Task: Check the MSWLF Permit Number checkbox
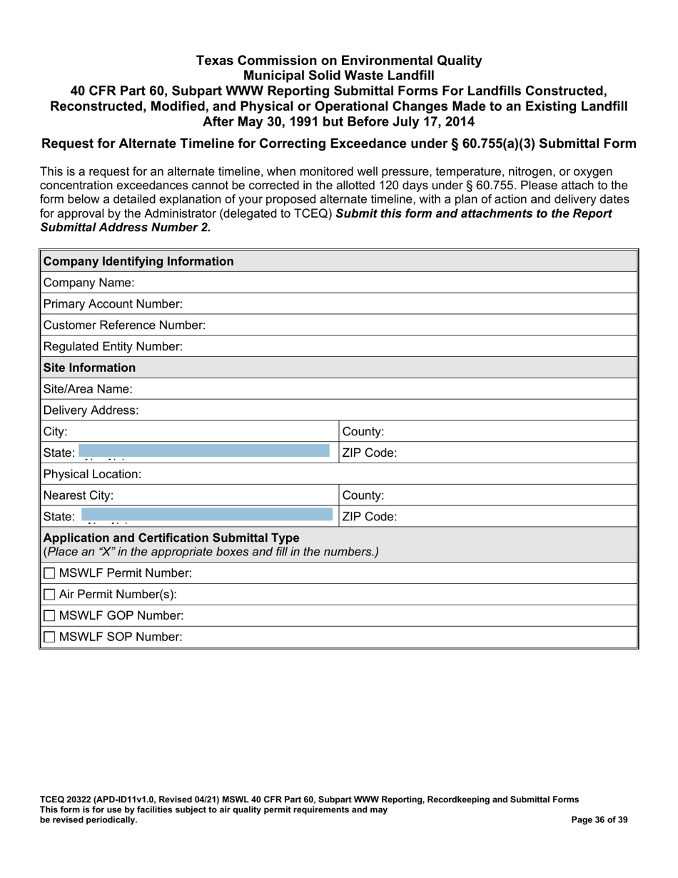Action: [49, 573]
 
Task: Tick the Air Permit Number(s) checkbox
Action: [49, 595]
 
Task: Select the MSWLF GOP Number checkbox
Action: [49, 615]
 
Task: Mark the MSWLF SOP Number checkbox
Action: [49, 637]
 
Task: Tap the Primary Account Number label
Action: [113, 304]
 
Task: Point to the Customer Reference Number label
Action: [124, 326]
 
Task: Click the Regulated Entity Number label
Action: [113, 347]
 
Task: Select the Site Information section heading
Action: [89, 368]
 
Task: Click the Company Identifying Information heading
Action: [138, 261]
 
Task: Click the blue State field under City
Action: [204, 451]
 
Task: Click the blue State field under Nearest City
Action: [207, 515]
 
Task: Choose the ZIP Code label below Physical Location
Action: [370, 517]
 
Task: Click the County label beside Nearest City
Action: [363, 495]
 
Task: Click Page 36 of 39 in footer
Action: [599, 820]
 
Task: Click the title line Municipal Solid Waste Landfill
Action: [338, 76]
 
